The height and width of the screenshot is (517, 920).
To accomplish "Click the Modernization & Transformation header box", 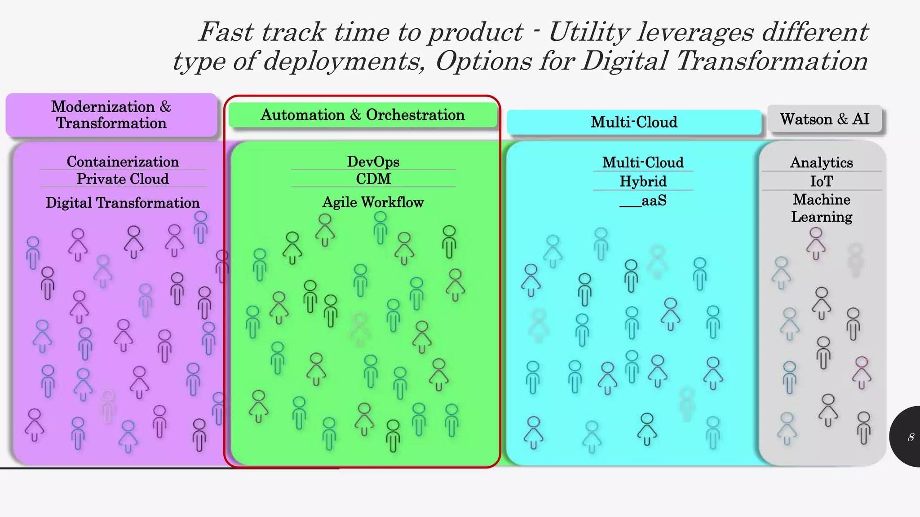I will (x=111, y=115).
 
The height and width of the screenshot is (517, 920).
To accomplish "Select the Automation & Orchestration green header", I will (x=363, y=115).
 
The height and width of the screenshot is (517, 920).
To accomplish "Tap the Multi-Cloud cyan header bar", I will (x=634, y=122).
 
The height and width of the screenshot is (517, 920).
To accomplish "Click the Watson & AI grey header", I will (x=825, y=119).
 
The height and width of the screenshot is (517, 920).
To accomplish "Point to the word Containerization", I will (x=123, y=162).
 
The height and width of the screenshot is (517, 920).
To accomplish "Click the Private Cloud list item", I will (x=123, y=179).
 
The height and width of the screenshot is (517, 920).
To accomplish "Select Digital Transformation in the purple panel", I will (x=123, y=202).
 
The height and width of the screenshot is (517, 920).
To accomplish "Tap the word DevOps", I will (x=373, y=162).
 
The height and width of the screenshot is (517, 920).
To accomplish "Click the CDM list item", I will (x=373, y=179).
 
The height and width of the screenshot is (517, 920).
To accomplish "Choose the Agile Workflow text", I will (x=373, y=202).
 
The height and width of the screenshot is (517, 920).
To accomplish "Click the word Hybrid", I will (x=643, y=181).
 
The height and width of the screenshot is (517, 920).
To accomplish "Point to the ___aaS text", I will (x=643, y=201).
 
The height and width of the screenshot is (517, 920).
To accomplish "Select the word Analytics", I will (x=821, y=162).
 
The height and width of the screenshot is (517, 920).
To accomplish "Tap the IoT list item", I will (x=821, y=181).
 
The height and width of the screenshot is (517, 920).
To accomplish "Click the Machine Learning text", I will (x=821, y=208).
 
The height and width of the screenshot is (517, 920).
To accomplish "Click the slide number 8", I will (x=911, y=437).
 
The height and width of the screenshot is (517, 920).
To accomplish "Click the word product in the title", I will (x=475, y=32).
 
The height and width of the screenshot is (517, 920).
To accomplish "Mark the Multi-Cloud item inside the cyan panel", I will (x=643, y=162).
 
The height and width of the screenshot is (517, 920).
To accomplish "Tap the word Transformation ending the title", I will (x=771, y=61).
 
